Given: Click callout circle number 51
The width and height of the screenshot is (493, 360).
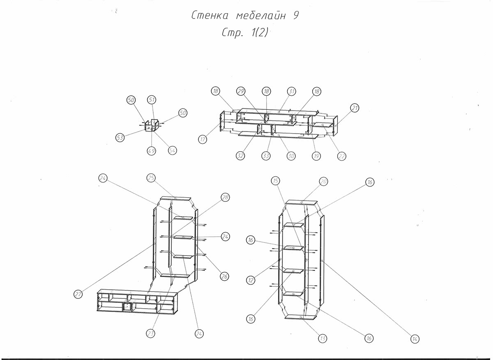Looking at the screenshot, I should click(x=152, y=100).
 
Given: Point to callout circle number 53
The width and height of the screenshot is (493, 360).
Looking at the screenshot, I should click(x=120, y=138).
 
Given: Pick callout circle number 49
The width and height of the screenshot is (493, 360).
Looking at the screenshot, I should click(x=152, y=151).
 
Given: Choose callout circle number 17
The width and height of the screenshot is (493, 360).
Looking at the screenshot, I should click(x=203, y=139).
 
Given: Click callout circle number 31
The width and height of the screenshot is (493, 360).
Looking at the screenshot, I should click(x=291, y=91).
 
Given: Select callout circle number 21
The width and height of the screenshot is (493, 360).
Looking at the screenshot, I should click(x=355, y=108).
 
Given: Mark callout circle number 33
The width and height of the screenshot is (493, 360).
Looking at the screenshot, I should click(x=266, y=156).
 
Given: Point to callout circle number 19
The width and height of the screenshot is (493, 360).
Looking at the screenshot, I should click(x=316, y=156).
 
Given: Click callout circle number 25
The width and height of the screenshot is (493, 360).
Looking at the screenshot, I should click(x=151, y=178).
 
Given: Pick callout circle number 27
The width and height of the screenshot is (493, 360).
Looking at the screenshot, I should click(x=78, y=294).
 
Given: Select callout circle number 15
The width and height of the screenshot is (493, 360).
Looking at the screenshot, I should click(x=276, y=180).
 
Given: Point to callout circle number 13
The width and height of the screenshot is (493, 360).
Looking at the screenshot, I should click(x=323, y=338).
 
